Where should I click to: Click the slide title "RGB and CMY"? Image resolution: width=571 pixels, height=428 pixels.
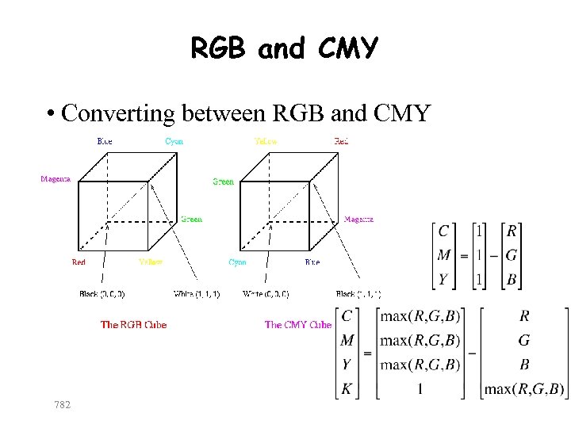[x=285, y=49]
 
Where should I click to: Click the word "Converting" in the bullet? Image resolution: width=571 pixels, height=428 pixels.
[x=119, y=113]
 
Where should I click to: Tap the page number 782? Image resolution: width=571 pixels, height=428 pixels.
[x=62, y=405]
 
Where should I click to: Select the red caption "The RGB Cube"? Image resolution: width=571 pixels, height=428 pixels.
[x=133, y=324]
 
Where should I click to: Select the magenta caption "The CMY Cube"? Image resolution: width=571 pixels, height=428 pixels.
[x=297, y=324]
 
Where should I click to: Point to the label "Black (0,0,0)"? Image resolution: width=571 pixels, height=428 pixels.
[x=102, y=294]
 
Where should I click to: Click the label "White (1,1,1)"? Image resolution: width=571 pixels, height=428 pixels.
[x=197, y=294]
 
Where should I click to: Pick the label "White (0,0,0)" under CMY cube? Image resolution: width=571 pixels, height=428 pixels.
[x=266, y=294]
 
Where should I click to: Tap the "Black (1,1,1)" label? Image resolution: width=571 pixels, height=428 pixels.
[x=358, y=294]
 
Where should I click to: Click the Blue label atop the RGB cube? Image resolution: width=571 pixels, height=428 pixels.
[x=105, y=141]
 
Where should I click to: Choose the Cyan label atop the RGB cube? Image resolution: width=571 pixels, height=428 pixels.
[x=174, y=141]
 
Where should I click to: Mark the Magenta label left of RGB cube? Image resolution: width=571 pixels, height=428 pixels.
[x=56, y=179]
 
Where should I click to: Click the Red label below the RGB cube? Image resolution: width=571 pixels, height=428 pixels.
[x=79, y=262]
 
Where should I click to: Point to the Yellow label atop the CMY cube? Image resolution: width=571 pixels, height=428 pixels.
[x=266, y=141]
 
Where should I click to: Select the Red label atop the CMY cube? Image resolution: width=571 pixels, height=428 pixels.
[x=341, y=141]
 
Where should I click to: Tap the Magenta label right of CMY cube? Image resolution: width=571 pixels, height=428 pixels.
[x=358, y=220]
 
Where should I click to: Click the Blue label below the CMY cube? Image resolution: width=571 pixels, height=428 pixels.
[x=312, y=262]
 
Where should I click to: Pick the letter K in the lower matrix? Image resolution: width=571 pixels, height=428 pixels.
[x=347, y=389]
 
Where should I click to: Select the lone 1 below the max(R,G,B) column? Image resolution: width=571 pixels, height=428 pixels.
[x=420, y=389]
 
